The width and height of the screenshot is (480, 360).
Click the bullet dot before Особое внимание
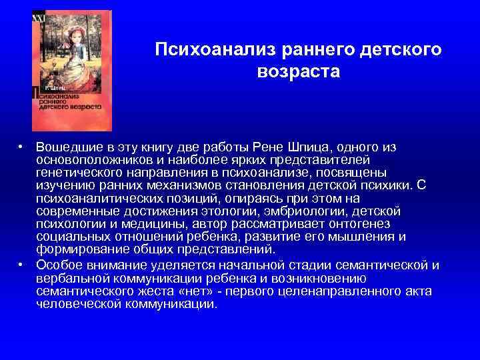pyautogui.click(x=21, y=265)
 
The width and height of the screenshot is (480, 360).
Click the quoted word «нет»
pyautogui.click(x=200, y=291)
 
